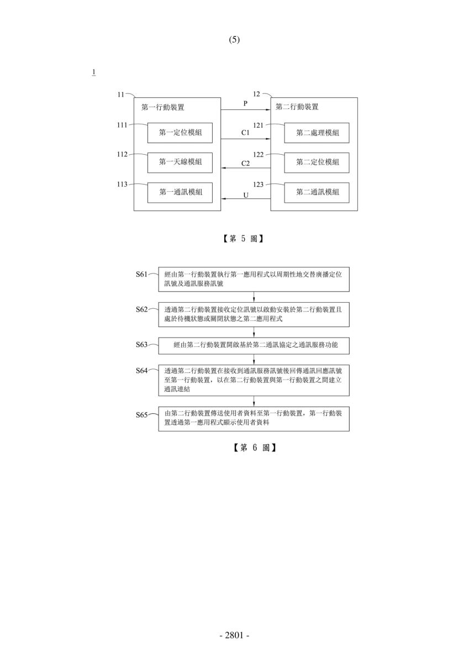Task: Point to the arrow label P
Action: [x=245, y=104]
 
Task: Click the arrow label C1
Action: [x=246, y=133]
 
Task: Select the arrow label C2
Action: [x=246, y=164]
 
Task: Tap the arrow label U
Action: [x=246, y=196]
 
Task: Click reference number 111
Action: [x=122, y=125]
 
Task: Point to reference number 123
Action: [x=259, y=185]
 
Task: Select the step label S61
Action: [x=141, y=275]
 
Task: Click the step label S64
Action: [x=141, y=371]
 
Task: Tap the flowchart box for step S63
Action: [x=254, y=346]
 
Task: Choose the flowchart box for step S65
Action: [x=254, y=419]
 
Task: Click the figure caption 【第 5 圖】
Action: [x=243, y=239]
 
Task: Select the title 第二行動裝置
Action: [x=297, y=107]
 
